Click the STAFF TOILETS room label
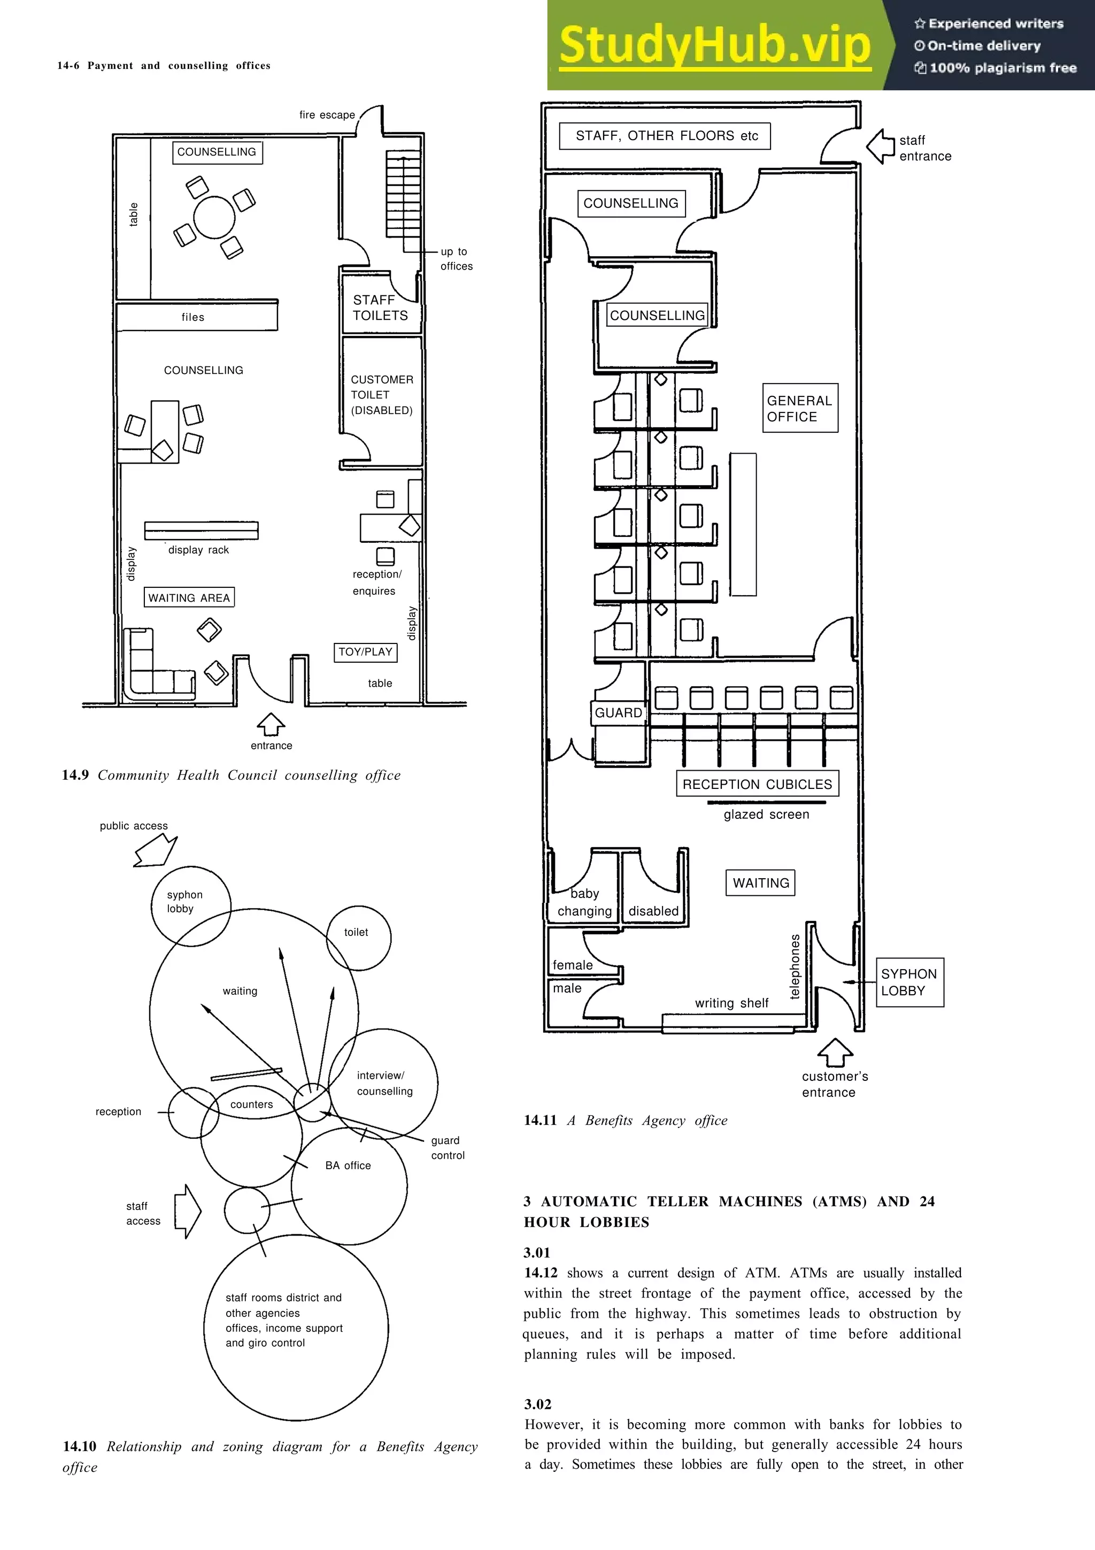pyautogui.click(x=380, y=308)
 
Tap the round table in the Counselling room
pyautogui.click(x=214, y=217)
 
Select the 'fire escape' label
pyautogui.click(x=327, y=115)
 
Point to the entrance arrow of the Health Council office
pyautogui.click(x=271, y=724)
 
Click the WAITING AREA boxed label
pyautogui.click(x=189, y=597)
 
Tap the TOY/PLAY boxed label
pyautogui.click(x=365, y=652)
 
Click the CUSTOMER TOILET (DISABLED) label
pyautogui.click(x=381, y=395)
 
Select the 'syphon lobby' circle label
pyautogui.click(x=184, y=902)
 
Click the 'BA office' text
pyautogui.click(x=348, y=1165)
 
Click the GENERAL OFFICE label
pyautogui.click(x=799, y=409)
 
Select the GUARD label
pyautogui.click(x=618, y=713)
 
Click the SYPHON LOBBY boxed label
pyautogui.click(x=909, y=982)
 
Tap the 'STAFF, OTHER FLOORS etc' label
pyautogui.click(x=667, y=136)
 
